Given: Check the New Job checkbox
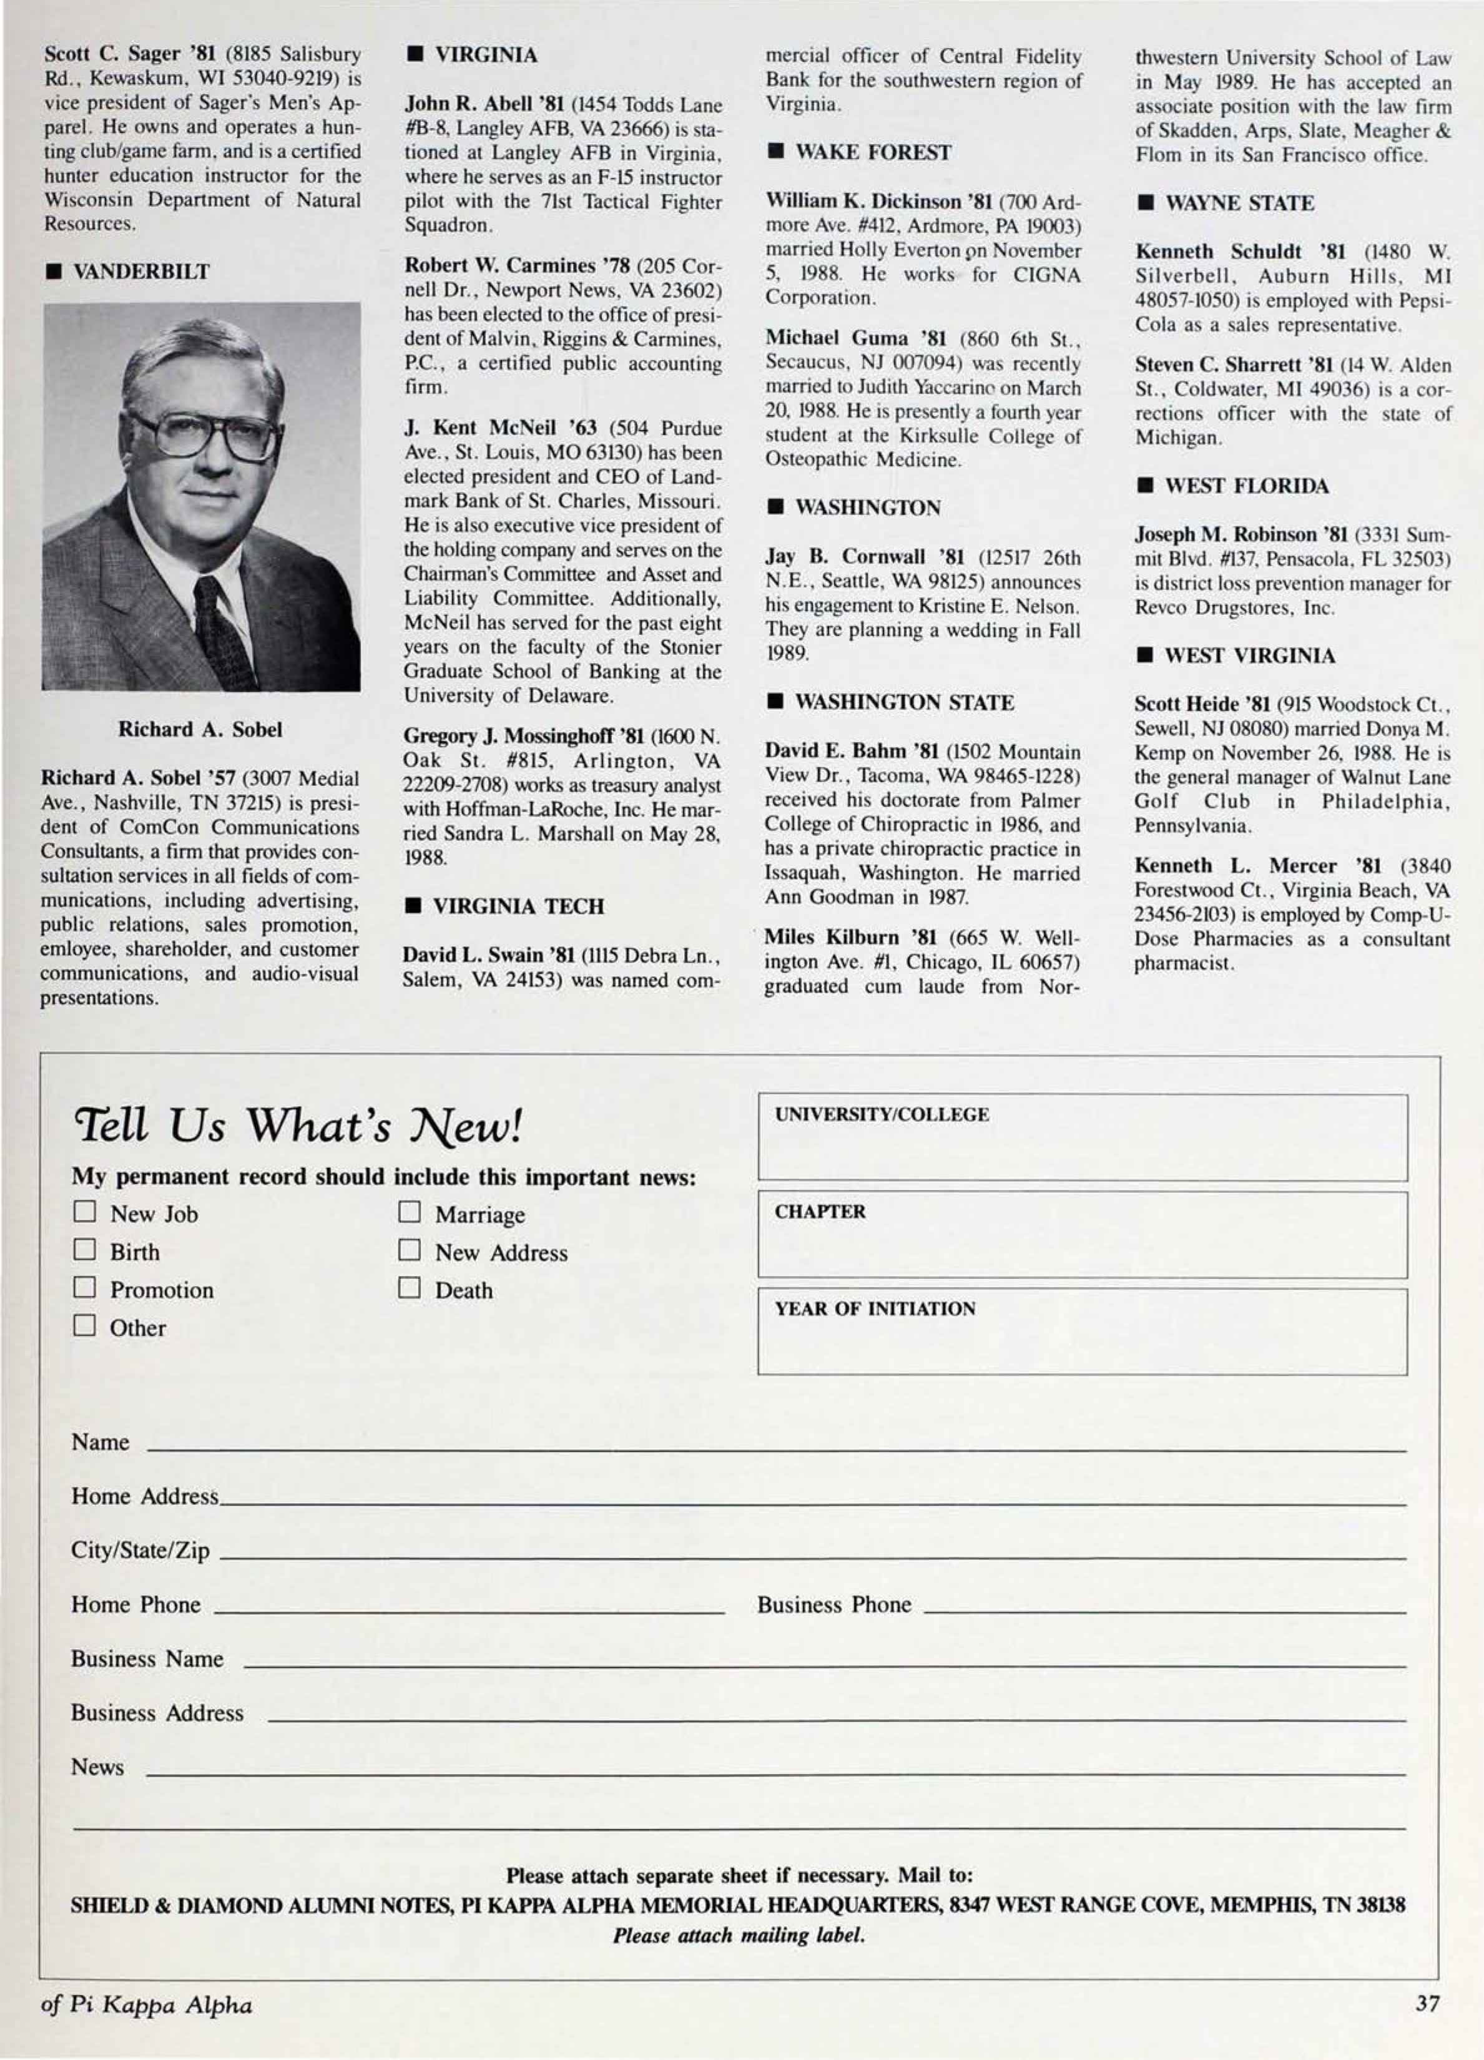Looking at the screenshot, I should coord(84,1212).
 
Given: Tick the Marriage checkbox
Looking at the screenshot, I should coord(410,1212).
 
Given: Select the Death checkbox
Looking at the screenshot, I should coord(410,1288).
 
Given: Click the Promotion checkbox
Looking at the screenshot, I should coord(84,1288).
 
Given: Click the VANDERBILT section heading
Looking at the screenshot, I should coord(140,272).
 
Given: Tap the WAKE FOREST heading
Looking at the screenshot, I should coord(872,152).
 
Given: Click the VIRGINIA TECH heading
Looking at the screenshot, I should coord(518,906).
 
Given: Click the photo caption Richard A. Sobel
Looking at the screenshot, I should coord(200,729).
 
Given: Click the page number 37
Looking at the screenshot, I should coord(1427,2004).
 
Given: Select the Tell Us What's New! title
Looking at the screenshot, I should coord(298,1126).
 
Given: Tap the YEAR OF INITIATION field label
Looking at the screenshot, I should coord(875,1309).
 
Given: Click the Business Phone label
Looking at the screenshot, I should coord(833,1604).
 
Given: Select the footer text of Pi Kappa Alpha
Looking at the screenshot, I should coord(147,2004).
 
